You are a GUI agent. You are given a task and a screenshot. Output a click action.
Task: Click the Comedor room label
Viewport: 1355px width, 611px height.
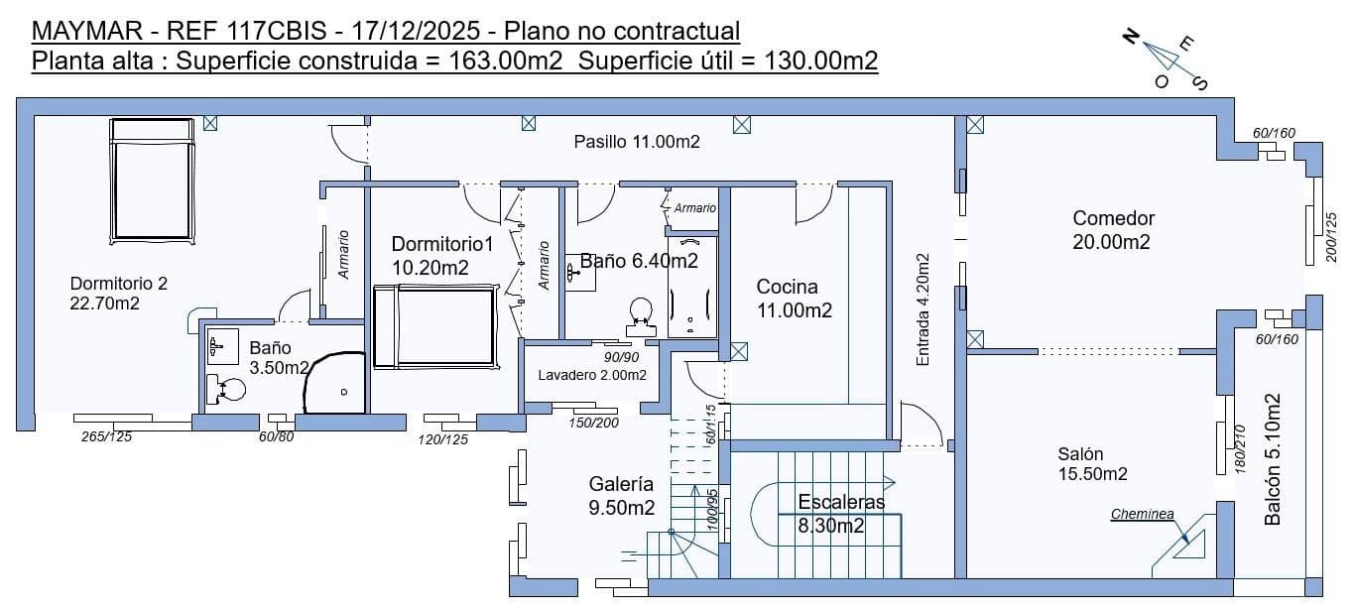(x=1113, y=219)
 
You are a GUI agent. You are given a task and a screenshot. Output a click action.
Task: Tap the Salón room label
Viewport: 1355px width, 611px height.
(x=1079, y=454)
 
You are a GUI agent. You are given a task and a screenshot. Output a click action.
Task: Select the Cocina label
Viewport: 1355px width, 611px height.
(x=788, y=288)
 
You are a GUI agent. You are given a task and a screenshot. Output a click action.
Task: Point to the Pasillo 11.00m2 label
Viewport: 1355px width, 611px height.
(x=637, y=142)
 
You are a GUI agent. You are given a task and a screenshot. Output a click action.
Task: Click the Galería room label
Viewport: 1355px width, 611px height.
(x=621, y=485)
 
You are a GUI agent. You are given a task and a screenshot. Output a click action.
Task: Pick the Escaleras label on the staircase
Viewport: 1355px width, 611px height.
(x=840, y=503)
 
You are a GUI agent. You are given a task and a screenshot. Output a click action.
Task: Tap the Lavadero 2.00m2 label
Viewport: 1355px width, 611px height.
(x=592, y=376)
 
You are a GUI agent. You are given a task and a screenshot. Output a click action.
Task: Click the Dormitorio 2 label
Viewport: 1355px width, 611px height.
(x=118, y=284)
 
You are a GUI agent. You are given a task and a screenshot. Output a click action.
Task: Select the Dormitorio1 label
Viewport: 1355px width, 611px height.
(x=441, y=244)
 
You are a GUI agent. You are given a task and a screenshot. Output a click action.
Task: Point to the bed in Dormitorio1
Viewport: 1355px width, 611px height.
(x=433, y=325)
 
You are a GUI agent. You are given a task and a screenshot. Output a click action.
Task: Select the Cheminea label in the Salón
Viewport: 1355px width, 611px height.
(x=1142, y=515)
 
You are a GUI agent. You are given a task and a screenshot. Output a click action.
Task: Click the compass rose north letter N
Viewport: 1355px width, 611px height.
(x=1130, y=37)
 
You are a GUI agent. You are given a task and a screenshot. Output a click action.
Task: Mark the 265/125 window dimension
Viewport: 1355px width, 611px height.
(x=107, y=437)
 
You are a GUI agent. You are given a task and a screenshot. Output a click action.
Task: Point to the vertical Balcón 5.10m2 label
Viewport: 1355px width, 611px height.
(x=1274, y=459)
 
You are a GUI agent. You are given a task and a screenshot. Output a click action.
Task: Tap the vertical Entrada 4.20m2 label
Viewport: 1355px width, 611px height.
(x=924, y=309)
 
